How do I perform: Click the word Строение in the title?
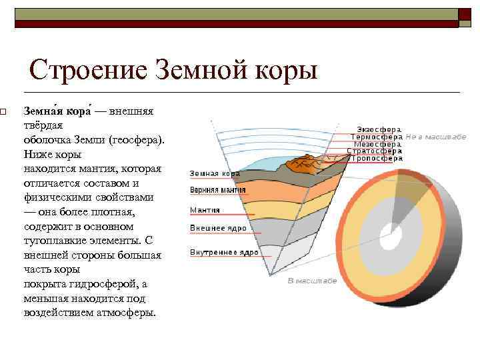click(x=87, y=70)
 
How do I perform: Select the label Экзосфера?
click(x=379, y=128)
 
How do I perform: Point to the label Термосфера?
click(x=376, y=135)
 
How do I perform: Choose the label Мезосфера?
click(x=377, y=143)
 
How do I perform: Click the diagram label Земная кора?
click(x=215, y=173)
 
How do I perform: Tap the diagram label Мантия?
click(x=205, y=210)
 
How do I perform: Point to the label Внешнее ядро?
click(x=218, y=228)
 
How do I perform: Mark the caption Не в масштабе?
click(x=435, y=135)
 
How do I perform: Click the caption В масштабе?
click(x=312, y=280)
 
